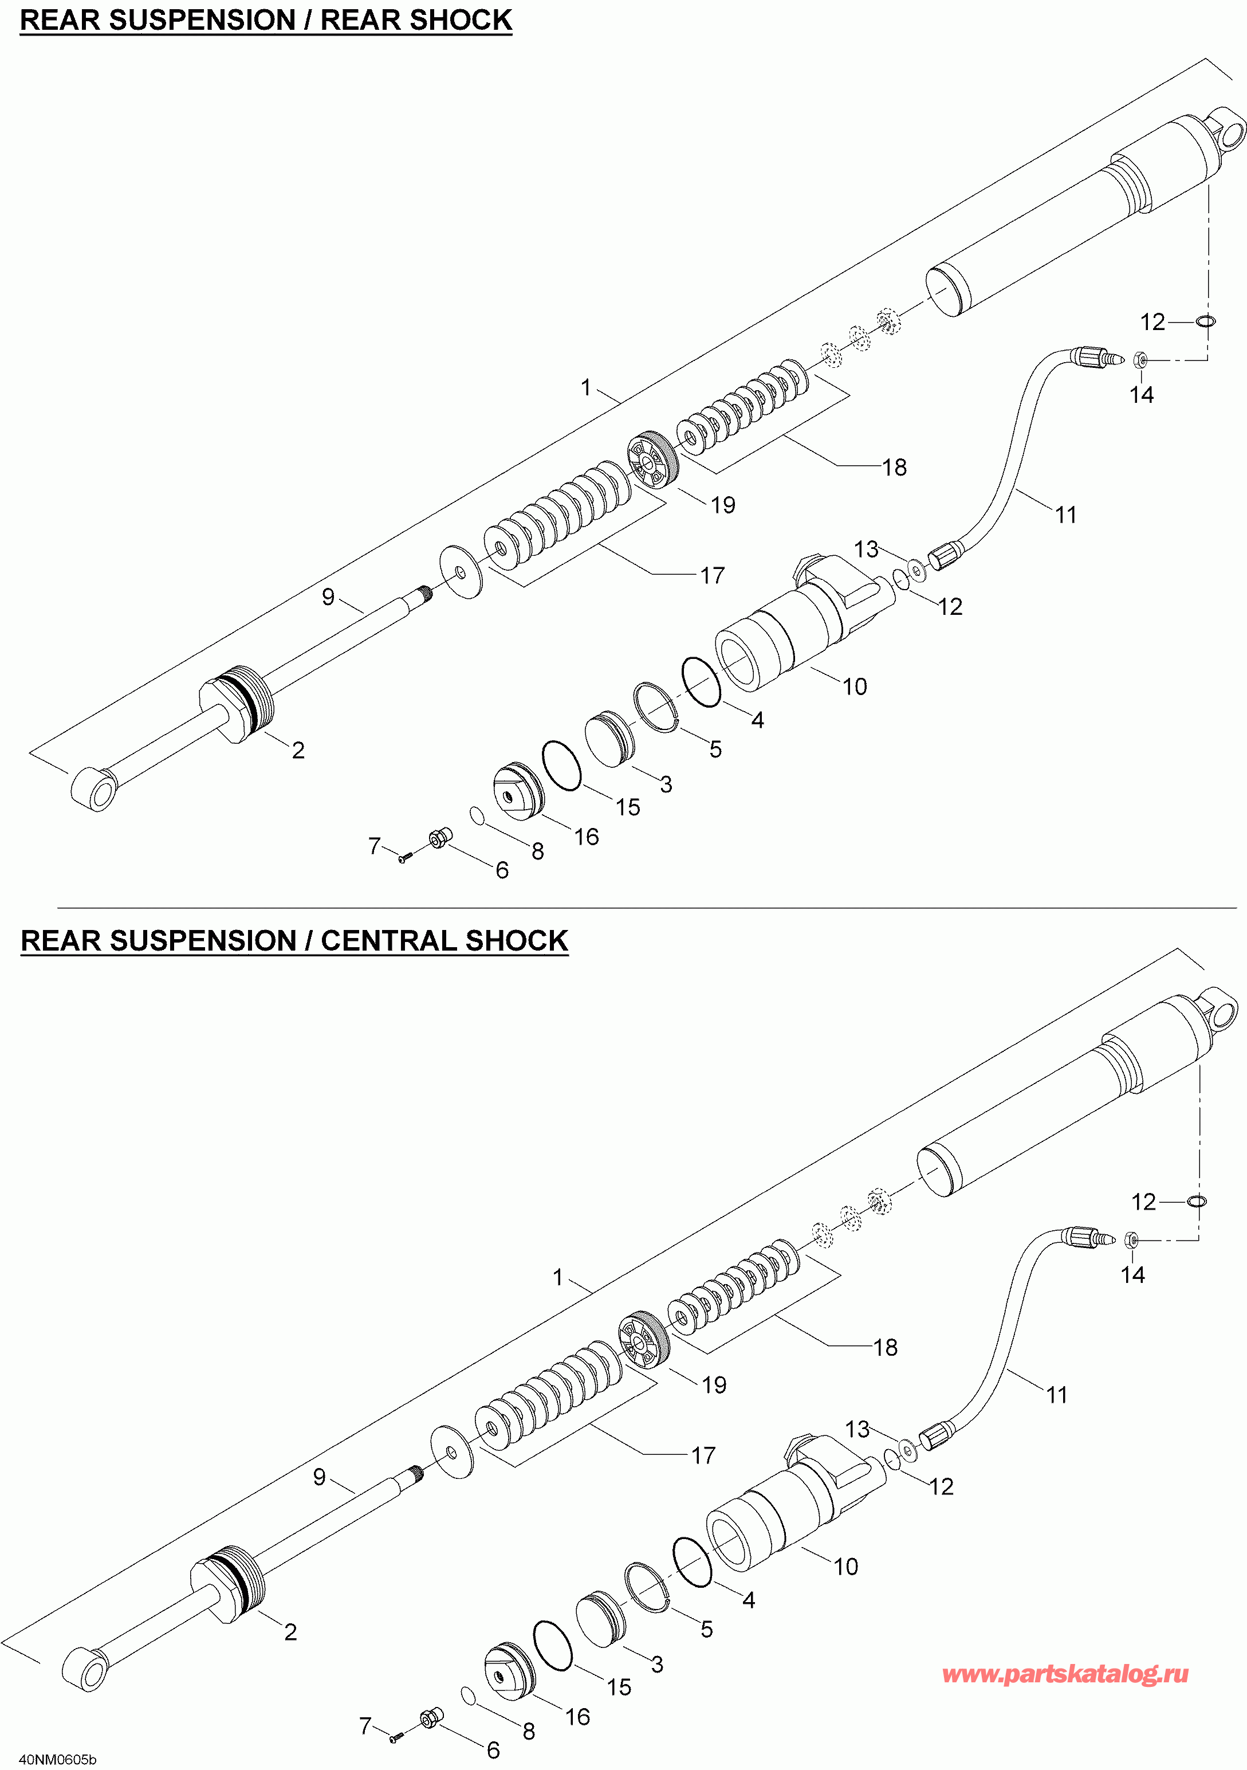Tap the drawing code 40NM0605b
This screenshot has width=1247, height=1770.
point(58,1759)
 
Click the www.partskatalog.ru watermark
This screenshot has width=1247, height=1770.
point(1065,1674)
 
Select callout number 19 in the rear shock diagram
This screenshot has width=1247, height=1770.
point(723,505)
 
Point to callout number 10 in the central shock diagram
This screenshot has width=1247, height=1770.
point(845,1567)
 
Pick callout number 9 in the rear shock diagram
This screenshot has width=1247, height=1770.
point(328,596)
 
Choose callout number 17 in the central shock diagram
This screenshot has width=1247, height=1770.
point(703,1455)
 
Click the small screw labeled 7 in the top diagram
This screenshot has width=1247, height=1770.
point(402,857)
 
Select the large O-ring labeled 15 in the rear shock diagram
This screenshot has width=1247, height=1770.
point(562,765)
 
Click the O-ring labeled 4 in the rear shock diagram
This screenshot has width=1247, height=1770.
point(701,681)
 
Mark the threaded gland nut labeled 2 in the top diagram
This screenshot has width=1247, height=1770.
point(237,703)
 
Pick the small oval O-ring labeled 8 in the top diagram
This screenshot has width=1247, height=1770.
point(477,815)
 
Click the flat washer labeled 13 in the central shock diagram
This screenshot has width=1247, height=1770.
point(908,1451)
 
